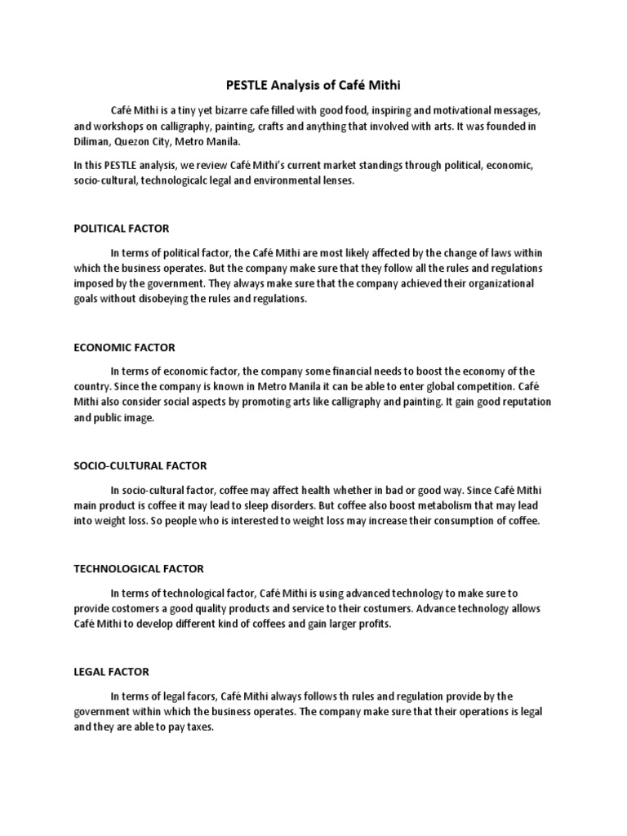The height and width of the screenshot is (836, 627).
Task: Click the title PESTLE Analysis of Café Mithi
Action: click(x=313, y=84)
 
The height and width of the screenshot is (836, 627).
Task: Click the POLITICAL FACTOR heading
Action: click(x=121, y=229)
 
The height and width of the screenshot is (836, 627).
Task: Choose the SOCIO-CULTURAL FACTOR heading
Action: click(x=140, y=466)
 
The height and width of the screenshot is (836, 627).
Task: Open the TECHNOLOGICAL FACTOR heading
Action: click(x=138, y=568)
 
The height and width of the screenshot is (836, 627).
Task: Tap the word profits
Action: click(x=371, y=625)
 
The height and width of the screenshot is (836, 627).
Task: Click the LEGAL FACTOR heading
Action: click(x=111, y=672)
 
